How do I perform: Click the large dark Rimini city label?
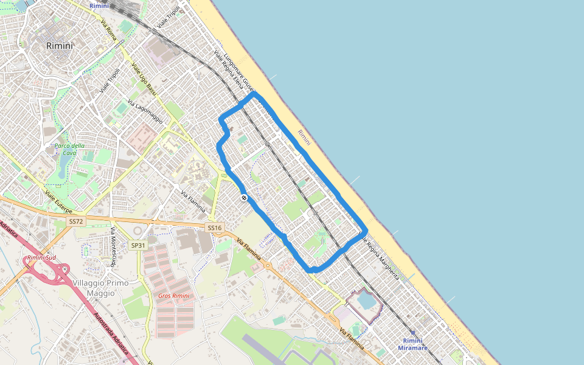pos(59,46)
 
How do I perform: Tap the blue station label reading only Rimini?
pos(99,5)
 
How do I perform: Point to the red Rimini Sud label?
pos(41,258)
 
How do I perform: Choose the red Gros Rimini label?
pos(173,296)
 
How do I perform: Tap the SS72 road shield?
pos(76,221)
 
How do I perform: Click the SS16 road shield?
pos(215,228)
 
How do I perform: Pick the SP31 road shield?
pos(138,245)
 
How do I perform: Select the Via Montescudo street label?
pos(113,246)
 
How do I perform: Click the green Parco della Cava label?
pos(69,149)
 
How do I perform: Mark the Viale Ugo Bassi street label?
pos(144,79)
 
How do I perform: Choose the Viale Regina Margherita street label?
pos(381,257)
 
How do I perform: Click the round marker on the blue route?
pos(243,198)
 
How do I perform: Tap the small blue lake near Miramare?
pos(366,301)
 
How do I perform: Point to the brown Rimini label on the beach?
pos(304,137)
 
